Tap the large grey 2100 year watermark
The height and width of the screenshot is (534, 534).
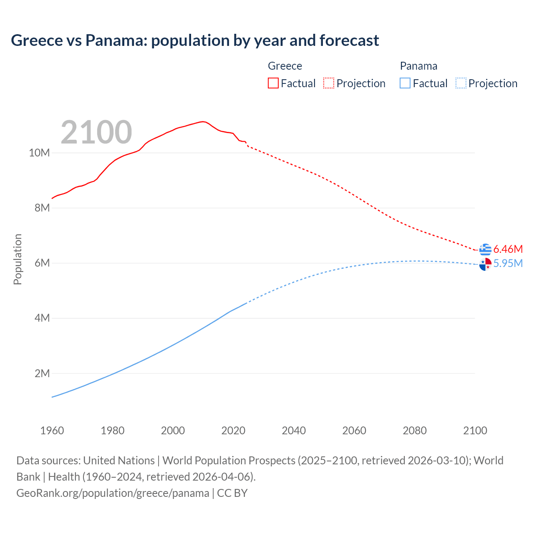(x=96, y=132)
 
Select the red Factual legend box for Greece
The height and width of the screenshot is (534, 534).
(x=273, y=83)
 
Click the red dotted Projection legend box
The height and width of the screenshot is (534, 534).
(x=329, y=83)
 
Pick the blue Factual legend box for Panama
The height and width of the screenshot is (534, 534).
(x=405, y=83)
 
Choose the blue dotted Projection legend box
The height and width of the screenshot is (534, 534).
(x=461, y=83)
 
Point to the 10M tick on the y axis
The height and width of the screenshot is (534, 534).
(x=40, y=153)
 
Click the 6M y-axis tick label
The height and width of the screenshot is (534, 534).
(x=42, y=263)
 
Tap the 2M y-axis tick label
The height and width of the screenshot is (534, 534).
(x=42, y=373)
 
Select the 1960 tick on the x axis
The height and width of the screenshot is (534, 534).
(x=52, y=431)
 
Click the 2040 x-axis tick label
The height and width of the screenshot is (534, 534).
(x=294, y=431)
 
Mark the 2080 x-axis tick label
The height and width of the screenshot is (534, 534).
(x=415, y=431)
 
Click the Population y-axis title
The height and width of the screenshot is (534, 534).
(x=18, y=259)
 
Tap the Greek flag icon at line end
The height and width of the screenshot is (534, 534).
(x=485, y=249)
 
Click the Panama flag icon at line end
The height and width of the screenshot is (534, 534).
(x=485, y=264)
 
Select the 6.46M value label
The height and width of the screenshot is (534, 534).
(x=508, y=249)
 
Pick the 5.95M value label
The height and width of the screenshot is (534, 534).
(x=508, y=263)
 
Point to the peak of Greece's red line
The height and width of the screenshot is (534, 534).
(x=202, y=121)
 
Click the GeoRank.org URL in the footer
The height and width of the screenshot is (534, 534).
(x=113, y=493)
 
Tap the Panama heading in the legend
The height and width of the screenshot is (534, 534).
(x=418, y=66)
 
